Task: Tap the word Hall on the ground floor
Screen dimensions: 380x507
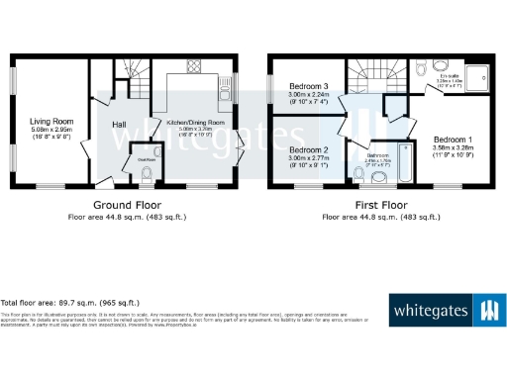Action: coord(120,124)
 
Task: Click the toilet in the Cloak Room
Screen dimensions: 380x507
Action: coord(147,175)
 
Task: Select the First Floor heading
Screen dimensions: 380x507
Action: coord(378,206)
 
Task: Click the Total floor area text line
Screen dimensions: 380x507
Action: coord(70,302)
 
